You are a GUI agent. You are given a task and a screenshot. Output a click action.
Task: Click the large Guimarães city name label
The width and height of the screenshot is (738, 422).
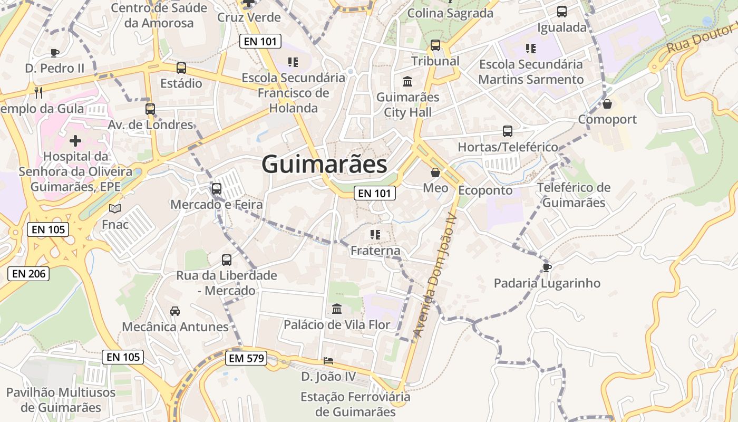324,164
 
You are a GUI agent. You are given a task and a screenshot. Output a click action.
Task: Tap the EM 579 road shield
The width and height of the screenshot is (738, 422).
246,359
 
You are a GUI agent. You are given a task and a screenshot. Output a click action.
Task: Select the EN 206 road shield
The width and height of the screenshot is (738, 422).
28,273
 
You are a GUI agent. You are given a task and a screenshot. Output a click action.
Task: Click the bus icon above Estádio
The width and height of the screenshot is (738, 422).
181,68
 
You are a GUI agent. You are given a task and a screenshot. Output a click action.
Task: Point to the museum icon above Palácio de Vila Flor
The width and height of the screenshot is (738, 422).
336,309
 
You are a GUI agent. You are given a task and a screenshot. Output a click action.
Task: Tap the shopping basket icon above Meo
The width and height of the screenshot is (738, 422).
435,172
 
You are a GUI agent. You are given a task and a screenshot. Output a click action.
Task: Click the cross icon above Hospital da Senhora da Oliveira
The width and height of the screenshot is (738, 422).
75,141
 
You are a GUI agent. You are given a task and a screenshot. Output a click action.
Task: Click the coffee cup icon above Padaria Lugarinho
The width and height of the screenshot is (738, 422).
547,267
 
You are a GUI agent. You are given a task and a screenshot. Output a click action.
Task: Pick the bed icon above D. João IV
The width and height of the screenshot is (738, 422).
328,361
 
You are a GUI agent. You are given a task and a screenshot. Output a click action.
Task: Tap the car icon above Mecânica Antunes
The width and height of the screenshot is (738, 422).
175,311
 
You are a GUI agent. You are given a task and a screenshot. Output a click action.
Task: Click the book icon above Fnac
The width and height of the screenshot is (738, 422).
115,209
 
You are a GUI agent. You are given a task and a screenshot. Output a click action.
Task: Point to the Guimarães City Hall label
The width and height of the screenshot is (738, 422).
407,104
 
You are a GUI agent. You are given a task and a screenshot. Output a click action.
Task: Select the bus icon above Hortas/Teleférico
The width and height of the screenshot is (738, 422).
508,131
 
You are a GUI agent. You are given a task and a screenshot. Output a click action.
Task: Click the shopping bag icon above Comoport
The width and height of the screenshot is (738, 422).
607,104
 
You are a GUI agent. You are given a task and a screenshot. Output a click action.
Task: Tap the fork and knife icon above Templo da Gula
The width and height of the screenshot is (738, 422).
38,93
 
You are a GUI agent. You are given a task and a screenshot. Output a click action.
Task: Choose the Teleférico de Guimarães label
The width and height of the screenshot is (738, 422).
574,195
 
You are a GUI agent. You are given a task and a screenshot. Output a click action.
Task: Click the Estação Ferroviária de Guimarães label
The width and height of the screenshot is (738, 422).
355,404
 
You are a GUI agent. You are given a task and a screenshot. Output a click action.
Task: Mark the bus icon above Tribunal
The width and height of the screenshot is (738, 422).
435,45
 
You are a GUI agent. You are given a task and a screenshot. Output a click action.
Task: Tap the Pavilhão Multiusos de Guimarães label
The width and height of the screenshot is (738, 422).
61,400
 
